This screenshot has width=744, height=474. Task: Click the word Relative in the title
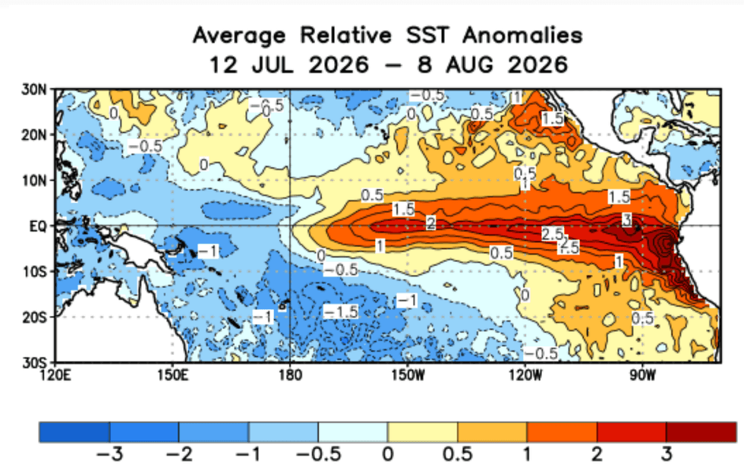(x=346, y=35)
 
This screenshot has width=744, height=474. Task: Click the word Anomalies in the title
(x=522, y=35)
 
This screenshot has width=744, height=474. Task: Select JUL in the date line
(x=272, y=65)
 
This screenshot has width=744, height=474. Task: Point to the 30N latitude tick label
(x=34, y=90)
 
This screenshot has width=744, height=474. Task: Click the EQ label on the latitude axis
(x=39, y=226)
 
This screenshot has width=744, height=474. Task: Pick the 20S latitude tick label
(x=34, y=317)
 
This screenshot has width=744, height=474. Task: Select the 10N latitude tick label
(x=34, y=181)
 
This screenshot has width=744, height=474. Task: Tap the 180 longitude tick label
(x=290, y=375)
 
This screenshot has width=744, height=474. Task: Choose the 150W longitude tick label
(x=408, y=375)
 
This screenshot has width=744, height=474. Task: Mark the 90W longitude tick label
(x=642, y=375)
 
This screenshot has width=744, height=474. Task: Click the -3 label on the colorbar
(x=109, y=454)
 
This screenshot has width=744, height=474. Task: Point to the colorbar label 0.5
(x=457, y=454)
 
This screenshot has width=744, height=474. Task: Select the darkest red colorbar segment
(x=701, y=431)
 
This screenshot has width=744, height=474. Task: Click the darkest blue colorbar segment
(x=74, y=431)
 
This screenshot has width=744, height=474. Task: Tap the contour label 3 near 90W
(x=627, y=220)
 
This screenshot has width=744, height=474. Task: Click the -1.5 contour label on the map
(x=341, y=312)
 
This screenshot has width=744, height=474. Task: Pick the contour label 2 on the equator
(x=430, y=223)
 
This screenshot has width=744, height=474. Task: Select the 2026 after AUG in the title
(x=538, y=65)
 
